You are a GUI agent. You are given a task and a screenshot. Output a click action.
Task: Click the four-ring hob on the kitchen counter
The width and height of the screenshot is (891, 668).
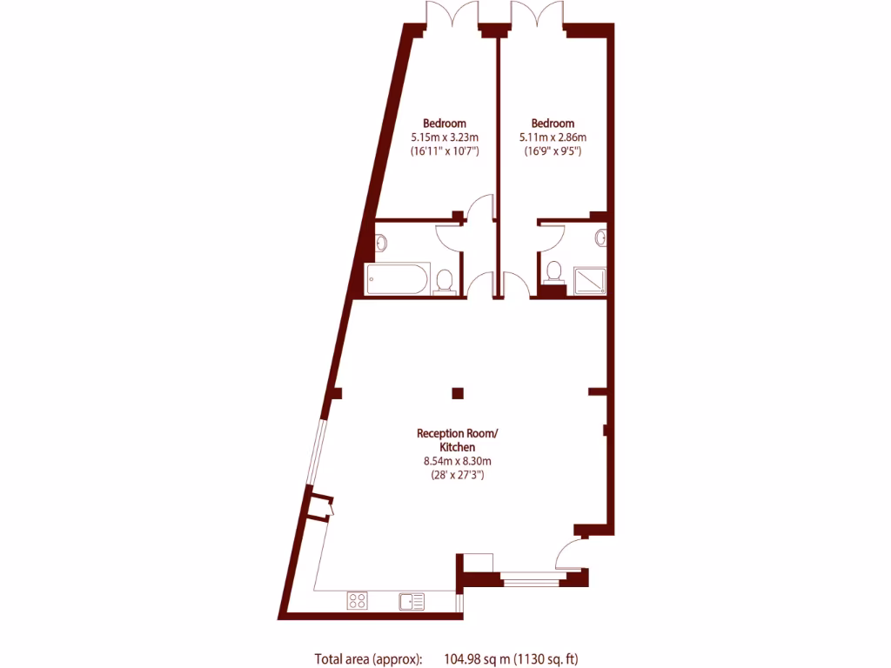pyautogui.click(x=357, y=599)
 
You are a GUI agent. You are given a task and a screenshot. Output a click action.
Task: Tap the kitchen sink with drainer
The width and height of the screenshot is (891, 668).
pyautogui.click(x=412, y=599)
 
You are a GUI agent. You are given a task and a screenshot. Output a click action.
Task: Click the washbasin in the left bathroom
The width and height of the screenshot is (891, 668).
pyautogui.click(x=380, y=241)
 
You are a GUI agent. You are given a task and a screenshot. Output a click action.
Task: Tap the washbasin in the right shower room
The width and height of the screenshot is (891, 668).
pyautogui.click(x=601, y=237)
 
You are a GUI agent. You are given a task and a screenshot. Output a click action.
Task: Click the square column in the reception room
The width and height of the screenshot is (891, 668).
pyautogui.click(x=458, y=392)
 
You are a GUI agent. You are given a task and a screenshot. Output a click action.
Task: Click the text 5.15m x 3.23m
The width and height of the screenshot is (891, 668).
pyautogui.click(x=445, y=137)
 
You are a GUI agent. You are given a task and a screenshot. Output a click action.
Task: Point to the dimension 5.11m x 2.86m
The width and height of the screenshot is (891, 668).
pyautogui.click(x=553, y=137)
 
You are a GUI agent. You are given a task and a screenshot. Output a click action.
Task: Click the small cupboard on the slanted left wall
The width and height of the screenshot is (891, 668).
pyautogui.click(x=318, y=506)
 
